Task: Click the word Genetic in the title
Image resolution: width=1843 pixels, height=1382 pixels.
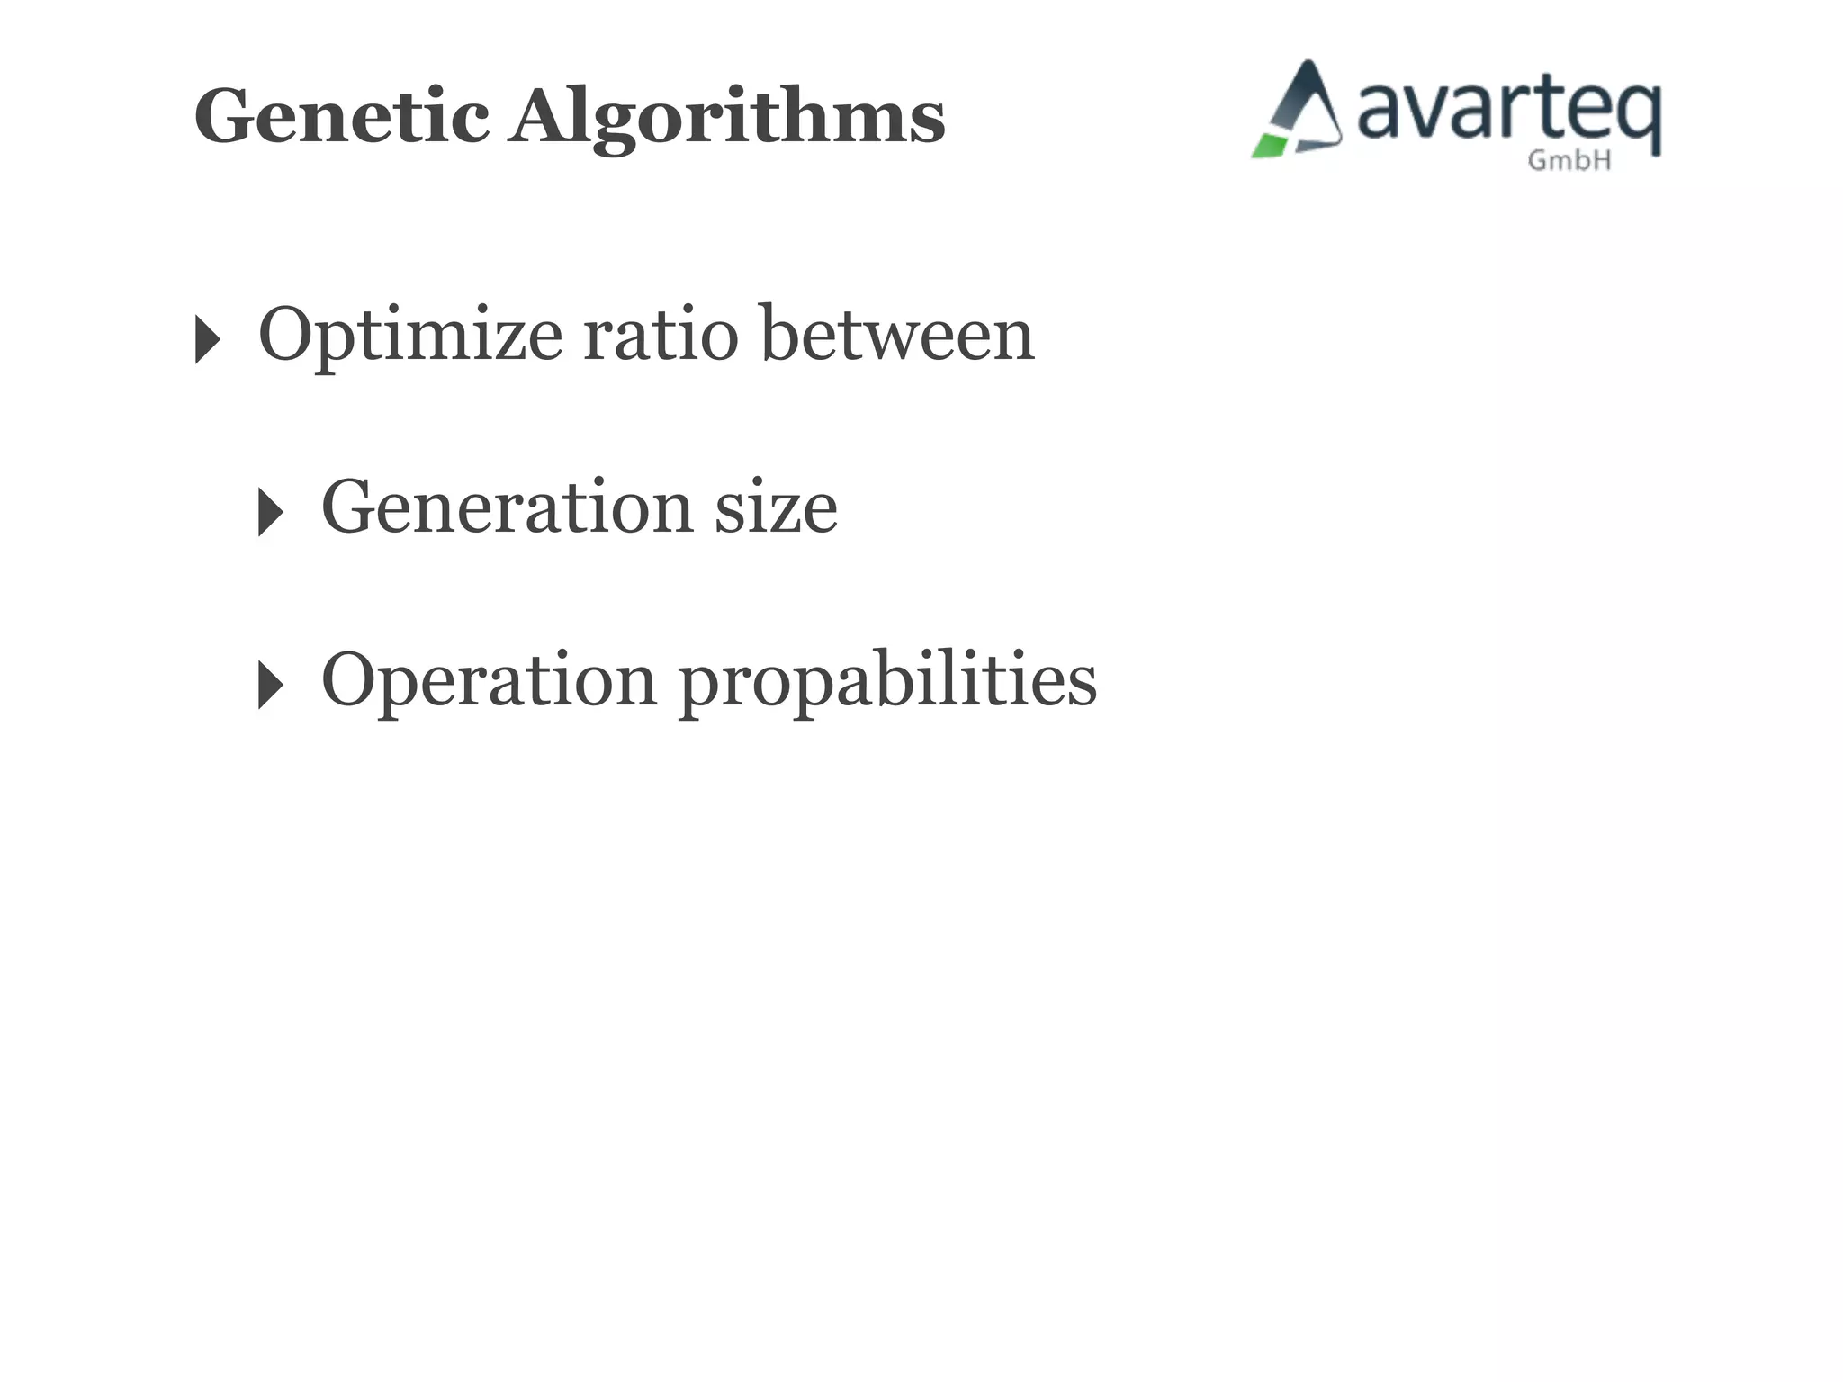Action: point(342,116)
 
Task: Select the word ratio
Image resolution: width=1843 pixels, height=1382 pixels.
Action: point(661,335)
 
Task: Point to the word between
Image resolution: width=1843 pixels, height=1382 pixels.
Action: point(898,335)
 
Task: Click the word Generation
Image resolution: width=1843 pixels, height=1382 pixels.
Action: point(507,507)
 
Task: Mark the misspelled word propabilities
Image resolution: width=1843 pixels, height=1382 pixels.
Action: point(887,682)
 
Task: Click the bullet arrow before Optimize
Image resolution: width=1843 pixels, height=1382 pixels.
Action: point(207,340)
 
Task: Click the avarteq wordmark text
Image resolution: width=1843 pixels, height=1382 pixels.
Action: point(1508,112)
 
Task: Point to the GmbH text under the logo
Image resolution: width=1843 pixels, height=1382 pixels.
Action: point(1569,161)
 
